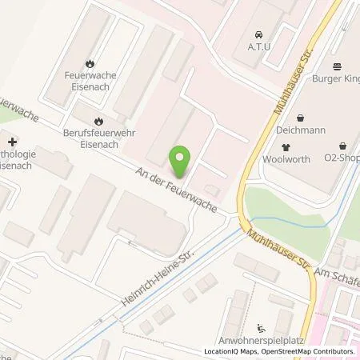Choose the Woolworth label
point(286,159)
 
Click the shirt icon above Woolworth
point(286,147)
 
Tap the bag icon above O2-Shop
point(344,146)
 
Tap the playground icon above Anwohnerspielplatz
point(262,326)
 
